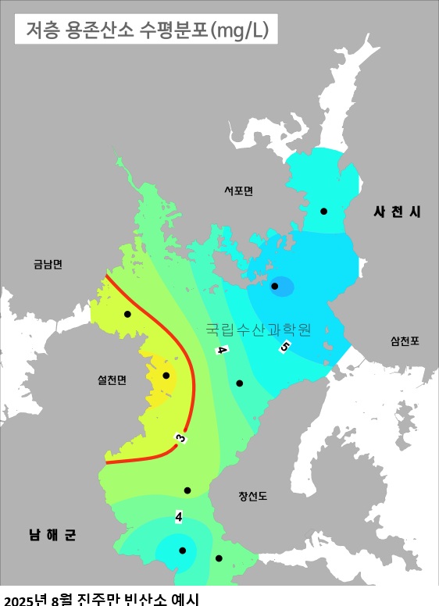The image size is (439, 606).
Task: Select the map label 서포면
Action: coord(238,191)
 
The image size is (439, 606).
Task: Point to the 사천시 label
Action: coord(397,212)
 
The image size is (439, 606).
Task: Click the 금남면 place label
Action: coord(48,264)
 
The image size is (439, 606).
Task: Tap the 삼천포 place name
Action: coord(405,340)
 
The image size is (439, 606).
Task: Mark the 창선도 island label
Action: coord(253,496)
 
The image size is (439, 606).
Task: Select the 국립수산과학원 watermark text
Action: coord(259,330)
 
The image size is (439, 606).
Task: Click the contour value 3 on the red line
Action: coord(180,439)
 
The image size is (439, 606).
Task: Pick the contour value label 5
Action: coord(285,347)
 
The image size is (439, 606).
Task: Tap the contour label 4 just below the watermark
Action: coord(222,350)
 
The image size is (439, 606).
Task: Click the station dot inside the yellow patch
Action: coord(166,376)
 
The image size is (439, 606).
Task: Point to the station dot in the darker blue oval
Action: coord(275,287)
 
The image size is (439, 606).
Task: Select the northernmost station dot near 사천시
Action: coord(323,211)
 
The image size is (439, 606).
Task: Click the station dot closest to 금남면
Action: coord(127,314)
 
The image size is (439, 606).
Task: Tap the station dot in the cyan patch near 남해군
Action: coord(182,551)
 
